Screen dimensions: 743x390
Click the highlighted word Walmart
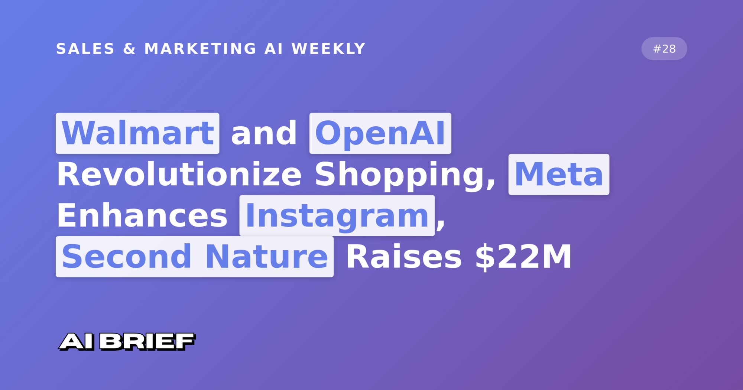(137, 133)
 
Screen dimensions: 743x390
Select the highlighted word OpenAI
(380, 133)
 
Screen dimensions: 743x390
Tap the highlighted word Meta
(559, 175)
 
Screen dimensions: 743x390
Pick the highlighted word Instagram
(337, 215)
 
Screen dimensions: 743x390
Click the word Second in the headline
(127, 257)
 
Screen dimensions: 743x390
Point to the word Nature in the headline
(267, 257)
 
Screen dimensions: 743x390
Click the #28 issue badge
(664, 49)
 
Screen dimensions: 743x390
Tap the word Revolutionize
(179, 175)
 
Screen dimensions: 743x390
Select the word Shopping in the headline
(405, 176)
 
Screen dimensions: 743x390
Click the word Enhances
(142, 216)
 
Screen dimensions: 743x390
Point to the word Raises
(404, 257)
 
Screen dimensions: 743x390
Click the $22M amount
(523, 257)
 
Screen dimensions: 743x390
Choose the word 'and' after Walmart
(264, 133)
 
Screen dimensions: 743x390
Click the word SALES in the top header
(85, 49)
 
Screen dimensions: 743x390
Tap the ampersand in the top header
(129, 49)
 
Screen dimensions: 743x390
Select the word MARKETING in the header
(200, 49)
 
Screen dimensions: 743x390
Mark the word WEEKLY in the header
(329, 49)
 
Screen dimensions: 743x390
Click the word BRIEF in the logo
(147, 341)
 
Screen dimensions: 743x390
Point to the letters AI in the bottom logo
(77, 341)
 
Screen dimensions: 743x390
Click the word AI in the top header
(274, 49)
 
